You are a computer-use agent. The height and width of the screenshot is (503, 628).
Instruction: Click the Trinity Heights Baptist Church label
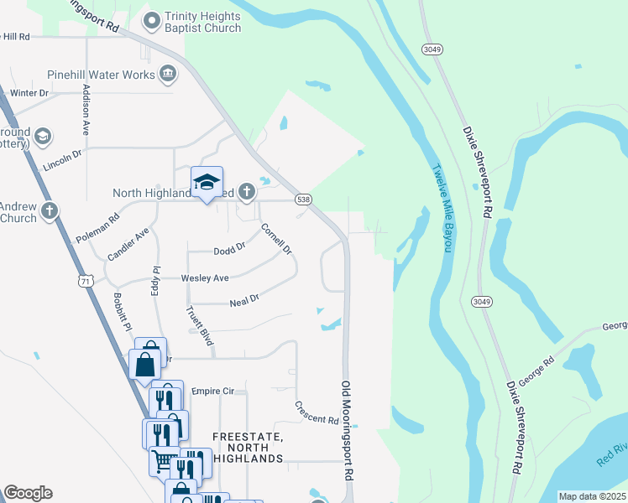202,22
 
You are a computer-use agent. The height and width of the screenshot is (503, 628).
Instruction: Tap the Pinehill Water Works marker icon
168,75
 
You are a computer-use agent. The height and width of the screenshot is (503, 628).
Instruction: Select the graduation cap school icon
207,182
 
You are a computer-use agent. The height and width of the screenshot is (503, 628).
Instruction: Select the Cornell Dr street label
275,239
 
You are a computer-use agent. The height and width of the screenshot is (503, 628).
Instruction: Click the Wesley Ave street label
205,278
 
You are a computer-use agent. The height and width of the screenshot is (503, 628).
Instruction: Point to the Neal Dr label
244,299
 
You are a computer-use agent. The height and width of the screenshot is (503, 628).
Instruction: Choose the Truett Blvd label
198,325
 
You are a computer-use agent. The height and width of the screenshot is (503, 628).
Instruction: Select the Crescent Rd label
317,412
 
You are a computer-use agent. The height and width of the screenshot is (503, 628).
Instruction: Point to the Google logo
28,493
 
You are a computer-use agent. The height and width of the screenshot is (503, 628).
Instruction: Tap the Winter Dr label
30,93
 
